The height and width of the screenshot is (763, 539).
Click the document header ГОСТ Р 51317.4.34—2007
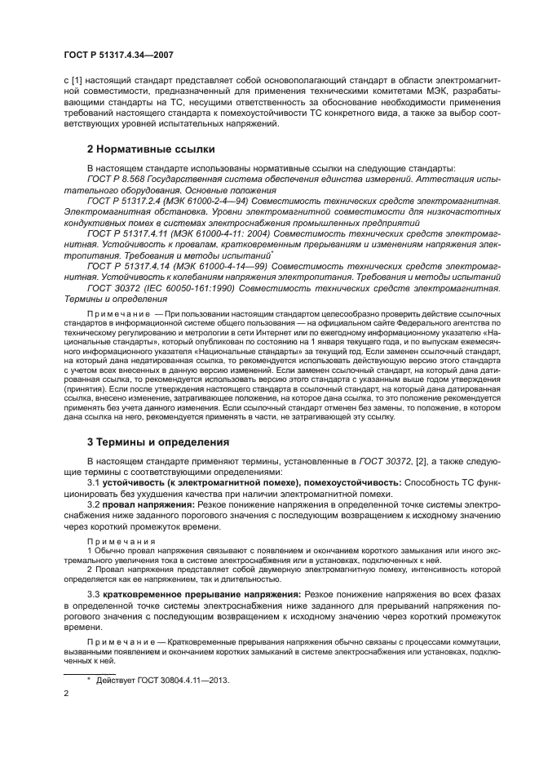[119, 55]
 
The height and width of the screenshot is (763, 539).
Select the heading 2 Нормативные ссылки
[139, 149]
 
